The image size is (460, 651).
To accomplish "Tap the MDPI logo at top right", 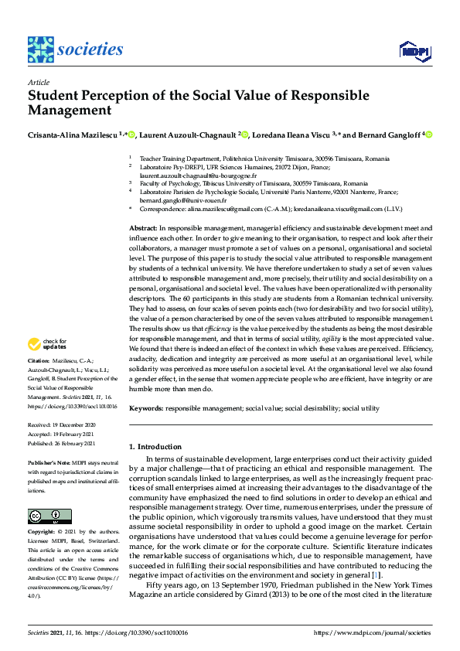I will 414,52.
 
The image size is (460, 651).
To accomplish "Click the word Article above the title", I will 38,82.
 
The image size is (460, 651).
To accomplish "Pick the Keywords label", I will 145,406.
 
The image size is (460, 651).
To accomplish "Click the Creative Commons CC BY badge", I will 45,494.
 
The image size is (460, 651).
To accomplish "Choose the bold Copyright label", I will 43,510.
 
